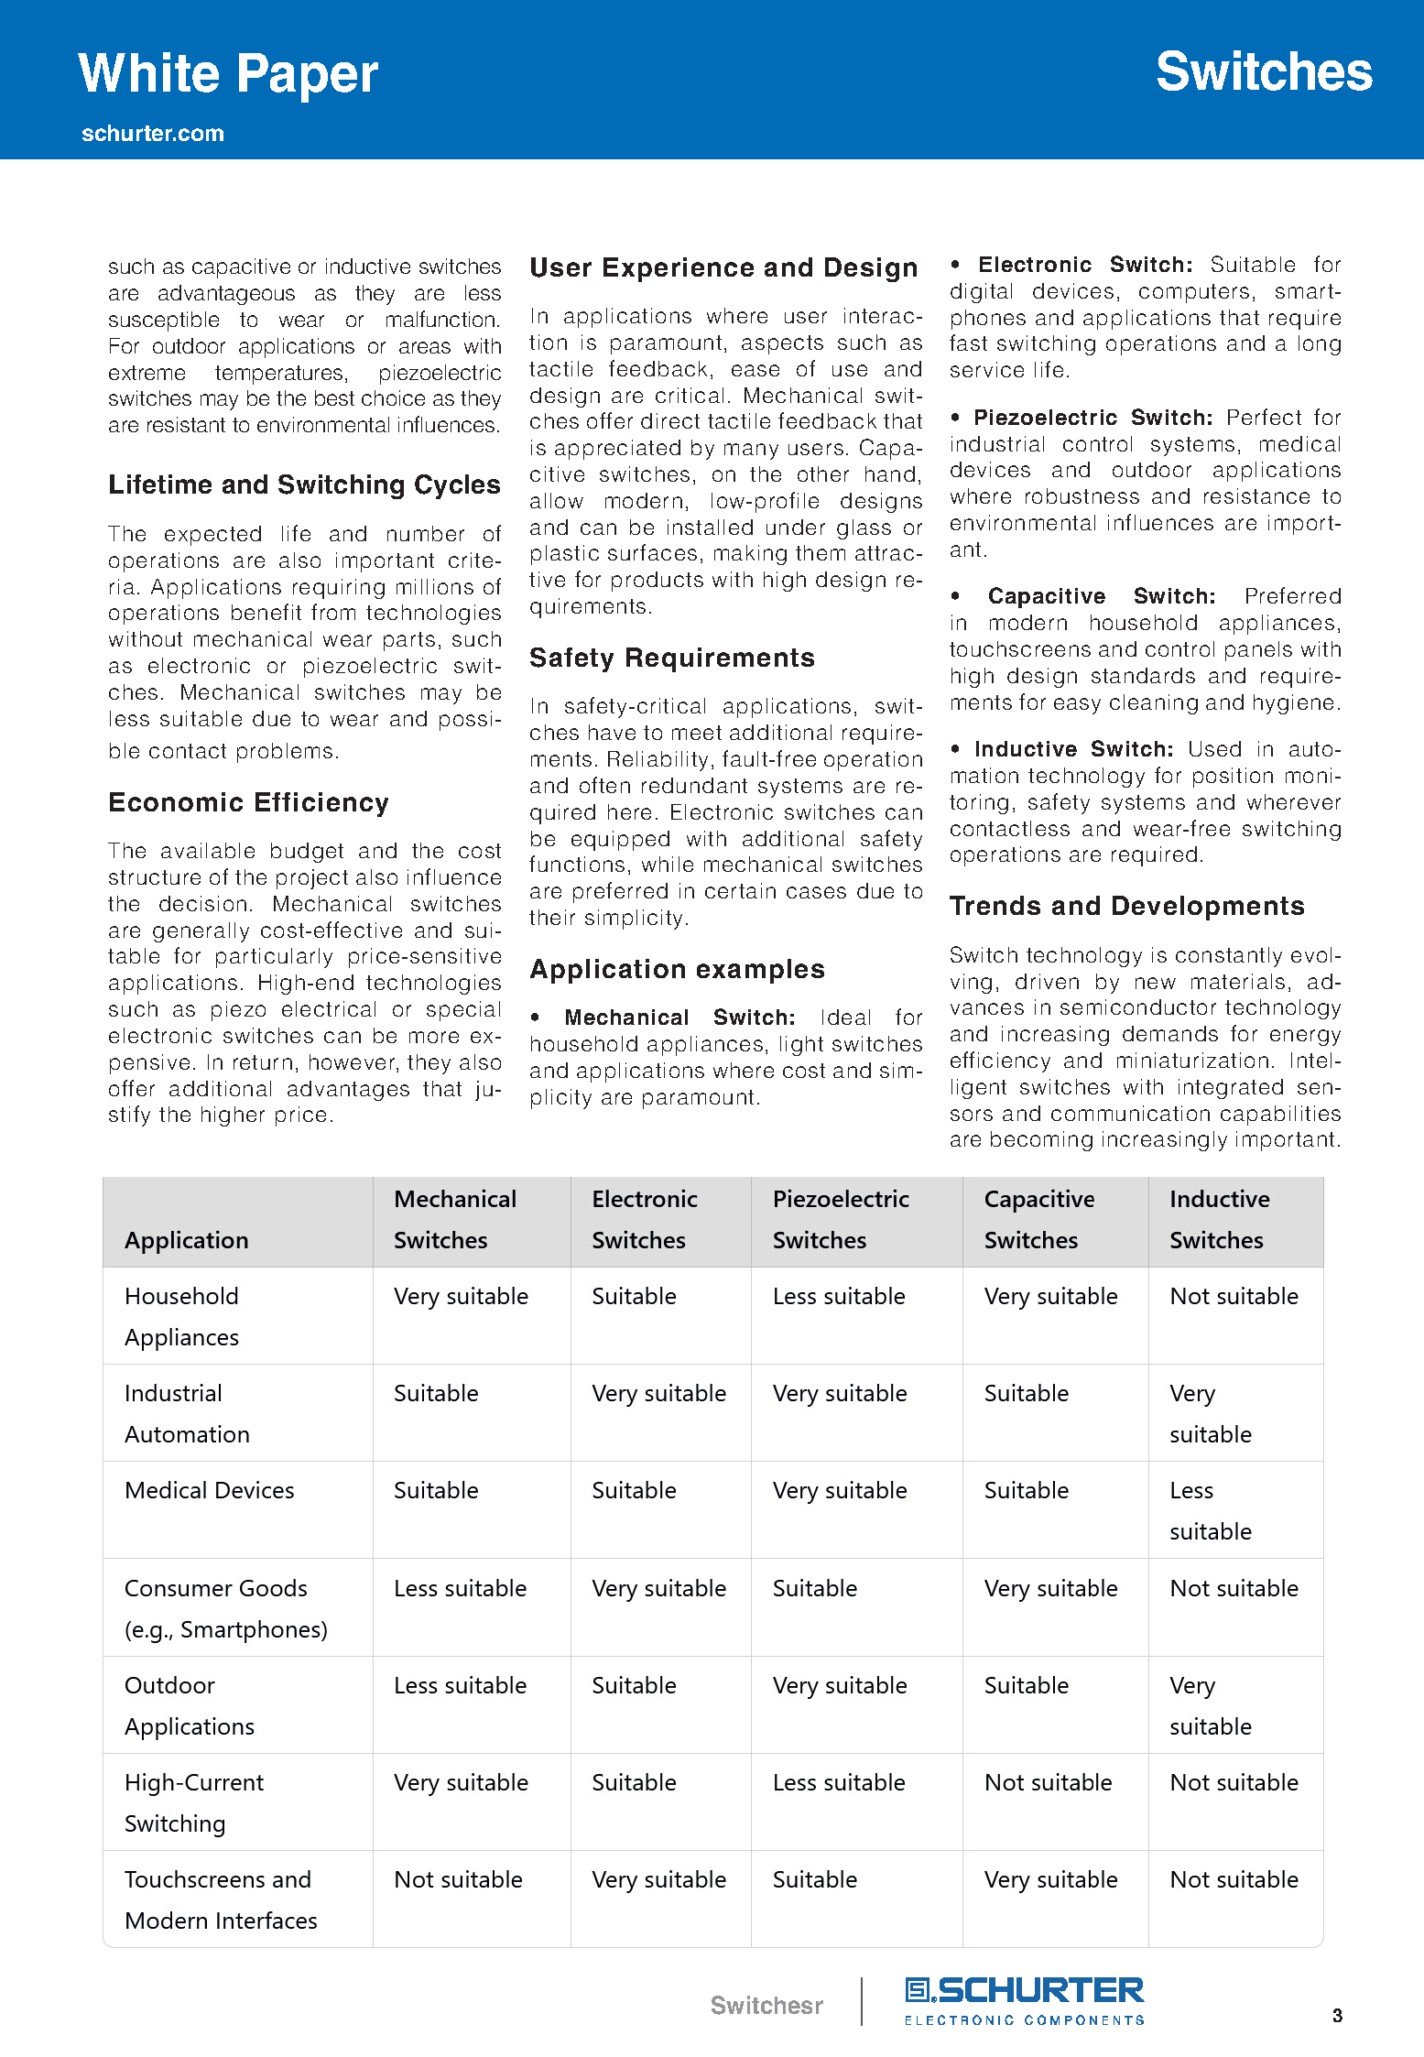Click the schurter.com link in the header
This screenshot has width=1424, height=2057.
[x=153, y=134]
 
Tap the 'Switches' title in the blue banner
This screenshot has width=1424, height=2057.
[x=1264, y=72]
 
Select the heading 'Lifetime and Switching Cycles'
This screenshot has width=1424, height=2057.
[x=304, y=484]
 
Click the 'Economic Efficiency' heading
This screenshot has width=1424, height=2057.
[x=248, y=802]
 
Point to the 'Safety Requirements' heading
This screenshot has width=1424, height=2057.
[x=671, y=658]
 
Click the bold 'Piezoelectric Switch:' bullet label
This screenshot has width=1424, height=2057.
[x=1092, y=418]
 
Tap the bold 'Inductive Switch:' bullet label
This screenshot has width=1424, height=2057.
[x=1073, y=749]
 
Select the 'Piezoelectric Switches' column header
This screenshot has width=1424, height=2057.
[x=841, y=1219]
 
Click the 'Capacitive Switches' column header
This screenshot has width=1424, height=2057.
[x=1038, y=1219]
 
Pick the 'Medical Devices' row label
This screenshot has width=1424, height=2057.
[x=210, y=1490]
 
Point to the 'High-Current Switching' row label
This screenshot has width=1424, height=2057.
[x=194, y=1802]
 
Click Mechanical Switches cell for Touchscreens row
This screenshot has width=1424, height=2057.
[x=458, y=1879]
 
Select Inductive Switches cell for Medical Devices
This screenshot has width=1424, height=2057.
[x=1210, y=1510]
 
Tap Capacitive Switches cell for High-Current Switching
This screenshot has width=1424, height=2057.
[x=1048, y=1782]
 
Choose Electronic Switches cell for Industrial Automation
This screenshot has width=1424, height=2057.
[x=658, y=1393]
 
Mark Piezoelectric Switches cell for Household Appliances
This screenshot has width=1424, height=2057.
[x=839, y=1296]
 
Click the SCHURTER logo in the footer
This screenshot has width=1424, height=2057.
[x=1024, y=2000]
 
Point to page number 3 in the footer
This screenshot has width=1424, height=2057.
[x=1337, y=2015]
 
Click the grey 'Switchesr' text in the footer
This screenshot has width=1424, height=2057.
[x=766, y=2006]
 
